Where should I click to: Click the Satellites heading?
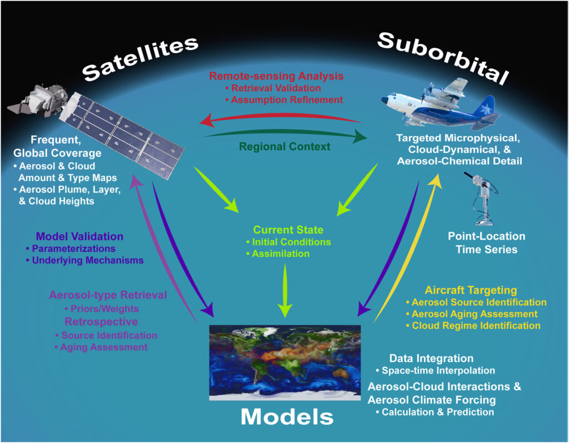coord(141,58)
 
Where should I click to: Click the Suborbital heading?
coord(443,57)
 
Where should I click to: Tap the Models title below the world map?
coord(287,416)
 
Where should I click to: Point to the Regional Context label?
coord(285,147)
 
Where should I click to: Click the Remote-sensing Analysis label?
coord(276,76)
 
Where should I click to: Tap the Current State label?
coord(288,230)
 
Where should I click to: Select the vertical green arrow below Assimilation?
coord(285,291)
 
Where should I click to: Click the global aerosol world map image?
coord(285,362)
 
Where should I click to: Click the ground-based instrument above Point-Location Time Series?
coord(482,198)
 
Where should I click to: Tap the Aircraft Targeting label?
coord(471,290)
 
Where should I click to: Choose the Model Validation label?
coord(79,236)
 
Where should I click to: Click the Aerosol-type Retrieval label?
coord(108,295)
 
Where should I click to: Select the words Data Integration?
coord(431,359)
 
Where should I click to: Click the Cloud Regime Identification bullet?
coord(473,326)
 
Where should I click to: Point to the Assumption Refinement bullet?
coord(284,100)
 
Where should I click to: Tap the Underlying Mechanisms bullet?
coord(84,260)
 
